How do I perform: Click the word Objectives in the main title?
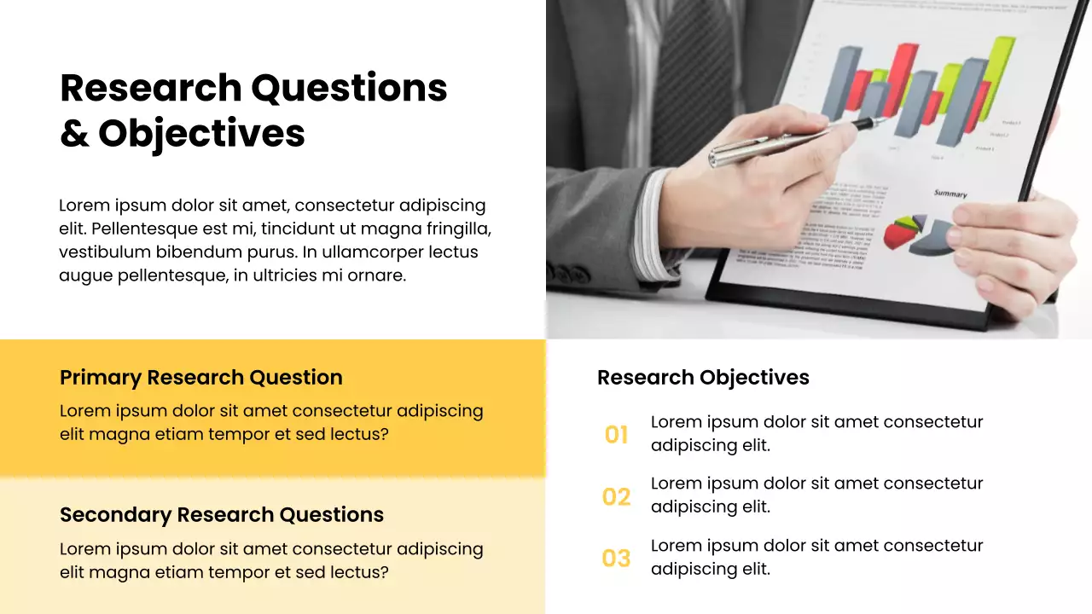point(201,134)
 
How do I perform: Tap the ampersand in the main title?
point(74,134)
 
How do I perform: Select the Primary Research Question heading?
point(201,378)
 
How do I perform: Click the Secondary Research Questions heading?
point(222,515)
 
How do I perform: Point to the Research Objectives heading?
point(703,378)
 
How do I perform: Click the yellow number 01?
point(616,436)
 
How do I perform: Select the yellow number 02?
point(616,497)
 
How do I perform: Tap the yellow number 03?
point(616,559)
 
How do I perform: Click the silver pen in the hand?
point(768,146)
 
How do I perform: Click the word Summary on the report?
point(950,194)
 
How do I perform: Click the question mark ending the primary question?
point(384,435)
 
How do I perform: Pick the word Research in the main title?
point(151,88)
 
